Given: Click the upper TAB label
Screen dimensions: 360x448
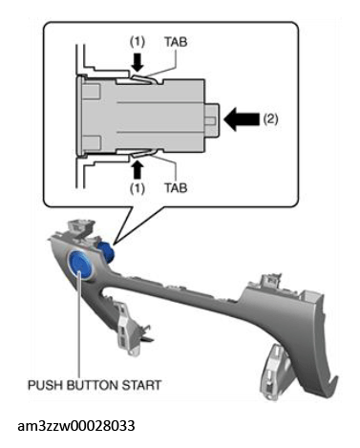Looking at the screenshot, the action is point(176,42).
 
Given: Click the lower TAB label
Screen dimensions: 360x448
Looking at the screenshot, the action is point(176,188).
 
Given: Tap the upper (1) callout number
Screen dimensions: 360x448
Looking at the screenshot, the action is point(138,42).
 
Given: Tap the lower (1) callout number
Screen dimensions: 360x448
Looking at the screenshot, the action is point(138,188).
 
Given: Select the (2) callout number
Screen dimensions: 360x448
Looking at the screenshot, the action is point(270,119).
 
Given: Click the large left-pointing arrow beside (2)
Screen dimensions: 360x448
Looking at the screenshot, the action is point(242,119).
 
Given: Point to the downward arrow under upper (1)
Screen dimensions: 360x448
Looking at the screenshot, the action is point(138,62).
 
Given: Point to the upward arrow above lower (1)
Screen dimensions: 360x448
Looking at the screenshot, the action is point(138,169).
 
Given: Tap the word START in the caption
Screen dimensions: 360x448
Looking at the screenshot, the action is point(141,385).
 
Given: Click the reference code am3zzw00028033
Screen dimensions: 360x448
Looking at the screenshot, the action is point(76,426).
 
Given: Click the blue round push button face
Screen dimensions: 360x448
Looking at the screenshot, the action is point(80,264).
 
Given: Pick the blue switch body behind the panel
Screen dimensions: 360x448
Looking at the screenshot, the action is point(107,251).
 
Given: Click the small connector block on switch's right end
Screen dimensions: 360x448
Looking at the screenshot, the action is point(212,120).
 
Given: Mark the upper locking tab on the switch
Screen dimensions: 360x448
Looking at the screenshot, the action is point(145,78).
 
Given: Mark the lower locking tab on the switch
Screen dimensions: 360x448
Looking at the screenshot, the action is point(145,154).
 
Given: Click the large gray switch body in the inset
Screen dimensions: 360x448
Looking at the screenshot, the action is point(143,116).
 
